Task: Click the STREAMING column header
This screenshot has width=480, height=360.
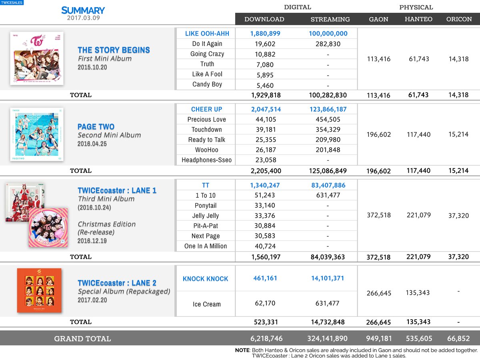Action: pos(330,19)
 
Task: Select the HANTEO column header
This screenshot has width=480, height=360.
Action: pos(418,19)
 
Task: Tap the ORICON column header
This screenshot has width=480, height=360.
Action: pos(459,19)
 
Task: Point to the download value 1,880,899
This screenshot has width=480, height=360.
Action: pos(265,34)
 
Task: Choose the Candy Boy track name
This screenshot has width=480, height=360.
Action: pos(207,84)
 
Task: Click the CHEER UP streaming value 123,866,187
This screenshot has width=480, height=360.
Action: pos(328,109)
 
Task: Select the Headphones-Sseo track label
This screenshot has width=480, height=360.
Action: pos(207,160)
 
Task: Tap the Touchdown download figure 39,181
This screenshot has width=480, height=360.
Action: pos(265,130)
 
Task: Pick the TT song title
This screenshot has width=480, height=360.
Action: pos(206,185)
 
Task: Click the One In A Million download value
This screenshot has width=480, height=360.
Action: pos(265,246)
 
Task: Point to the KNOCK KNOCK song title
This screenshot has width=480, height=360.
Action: pos(206,279)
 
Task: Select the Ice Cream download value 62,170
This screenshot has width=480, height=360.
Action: pos(265,304)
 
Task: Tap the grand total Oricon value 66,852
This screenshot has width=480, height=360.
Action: pos(458,339)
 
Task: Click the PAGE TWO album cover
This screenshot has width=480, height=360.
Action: pos(37,134)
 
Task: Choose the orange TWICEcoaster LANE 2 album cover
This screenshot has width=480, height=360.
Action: pos(39,290)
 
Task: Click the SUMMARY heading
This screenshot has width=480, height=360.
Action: pos(83,10)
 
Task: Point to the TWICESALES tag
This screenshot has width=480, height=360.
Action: pos(12,2)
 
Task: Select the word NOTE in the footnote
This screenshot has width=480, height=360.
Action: pos(242,350)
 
